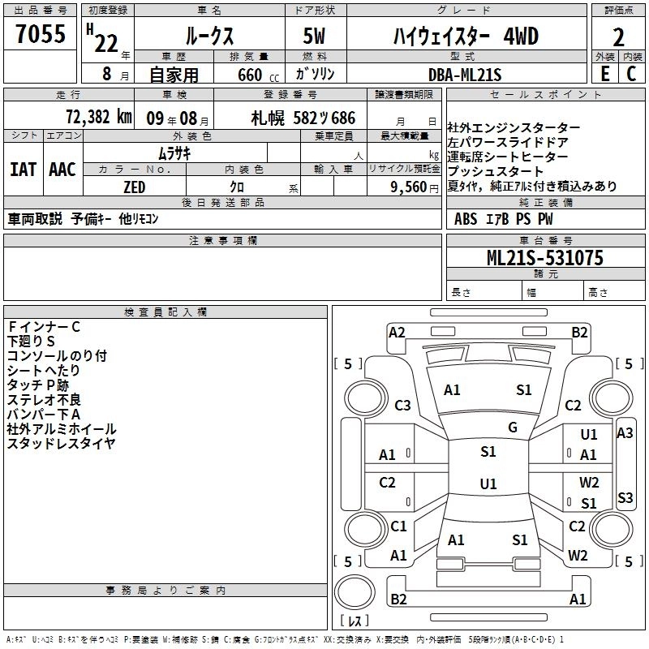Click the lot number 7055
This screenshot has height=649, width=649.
tap(41, 36)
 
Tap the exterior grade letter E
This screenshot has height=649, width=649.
tap(604, 73)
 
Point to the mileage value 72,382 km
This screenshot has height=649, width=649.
tap(97, 117)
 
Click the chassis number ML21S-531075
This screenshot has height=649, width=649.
tap(544, 258)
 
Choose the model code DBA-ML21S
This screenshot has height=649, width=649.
tap(465, 74)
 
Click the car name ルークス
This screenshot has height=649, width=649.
tap(208, 37)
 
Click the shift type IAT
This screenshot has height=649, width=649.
tap(23, 169)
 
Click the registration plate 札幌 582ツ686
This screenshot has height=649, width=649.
tap(303, 118)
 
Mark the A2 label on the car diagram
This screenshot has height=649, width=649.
tap(397, 332)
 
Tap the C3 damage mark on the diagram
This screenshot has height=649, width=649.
tap(402, 405)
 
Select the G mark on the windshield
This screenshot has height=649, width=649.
tap(513, 428)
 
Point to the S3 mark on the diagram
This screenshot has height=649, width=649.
tap(625, 497)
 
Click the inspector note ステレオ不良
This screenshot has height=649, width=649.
tap(44, 399)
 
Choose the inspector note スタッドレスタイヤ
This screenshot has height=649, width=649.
tap(61, 443)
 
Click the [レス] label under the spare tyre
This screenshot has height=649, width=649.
tap(354, 621)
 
